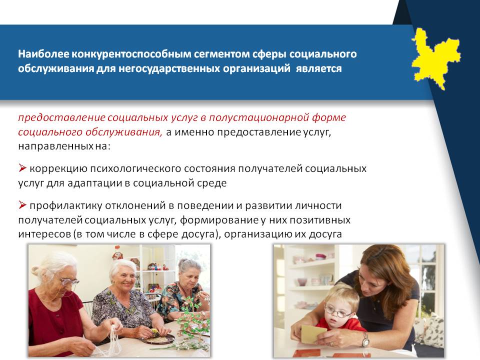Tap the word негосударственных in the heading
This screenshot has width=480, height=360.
(169, 68)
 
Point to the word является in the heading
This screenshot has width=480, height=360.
(318, 68)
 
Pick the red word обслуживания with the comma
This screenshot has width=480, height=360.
(123, 132)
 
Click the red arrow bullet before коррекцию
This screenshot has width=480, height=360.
(22, 168)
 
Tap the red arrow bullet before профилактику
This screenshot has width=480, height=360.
(22, 204)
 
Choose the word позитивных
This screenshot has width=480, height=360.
(320, 220)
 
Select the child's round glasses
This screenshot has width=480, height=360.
(337, 312)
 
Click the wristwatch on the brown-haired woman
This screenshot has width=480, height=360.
(365, 339)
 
